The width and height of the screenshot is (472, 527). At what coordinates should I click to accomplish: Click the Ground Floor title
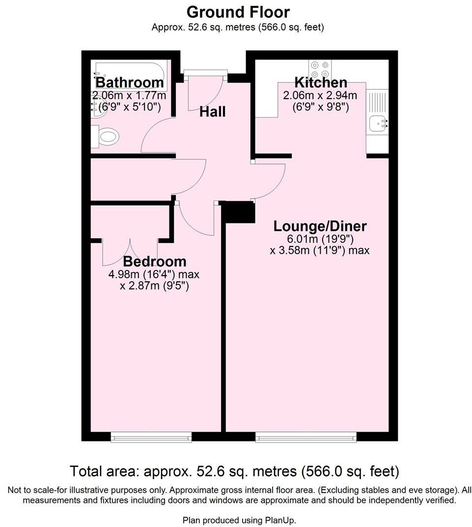click(x=238, y=11)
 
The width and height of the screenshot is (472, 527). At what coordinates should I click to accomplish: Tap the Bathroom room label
click(x=129, y=83)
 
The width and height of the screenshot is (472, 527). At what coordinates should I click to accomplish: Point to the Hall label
click(x=212, y=112)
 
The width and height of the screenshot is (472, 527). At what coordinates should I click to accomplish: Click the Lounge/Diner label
click(x=320, y=226)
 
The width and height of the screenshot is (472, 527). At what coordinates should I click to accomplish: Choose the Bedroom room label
click(x=154, y=261)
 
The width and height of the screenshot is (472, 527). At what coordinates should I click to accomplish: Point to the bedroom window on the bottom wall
click(x=151, y=437)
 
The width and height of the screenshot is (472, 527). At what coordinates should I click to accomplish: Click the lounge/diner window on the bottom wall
click(x=305, y=437)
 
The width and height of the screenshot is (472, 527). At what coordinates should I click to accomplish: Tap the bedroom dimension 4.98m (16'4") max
click(x=154, y=274)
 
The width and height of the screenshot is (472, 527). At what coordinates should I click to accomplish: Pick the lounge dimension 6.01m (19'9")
click(x=320, y=239)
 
